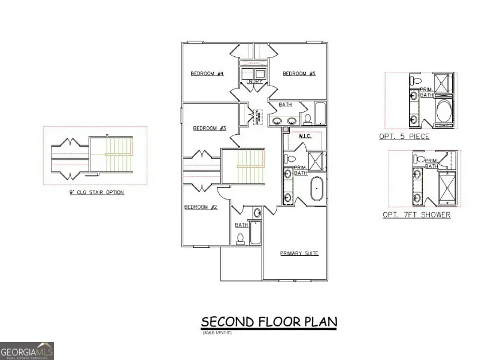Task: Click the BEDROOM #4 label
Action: coord(207,74)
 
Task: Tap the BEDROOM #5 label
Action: coord(299,74)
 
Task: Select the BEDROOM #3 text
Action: coord(209,128)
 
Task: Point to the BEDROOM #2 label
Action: coord(200,207)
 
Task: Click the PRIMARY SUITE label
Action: coord(299,253)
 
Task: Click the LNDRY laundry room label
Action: coord(253,81)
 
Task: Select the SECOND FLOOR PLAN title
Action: coord(269,322)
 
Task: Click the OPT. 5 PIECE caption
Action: coord(404,137)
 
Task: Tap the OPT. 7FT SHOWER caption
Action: coord(416,215)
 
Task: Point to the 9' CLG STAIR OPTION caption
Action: coord(96,193)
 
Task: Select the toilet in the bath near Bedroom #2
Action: coord(241,238)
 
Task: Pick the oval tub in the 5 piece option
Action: coord(445,111)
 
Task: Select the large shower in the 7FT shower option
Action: coord(447,187)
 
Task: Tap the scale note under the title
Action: coord(216,332)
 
